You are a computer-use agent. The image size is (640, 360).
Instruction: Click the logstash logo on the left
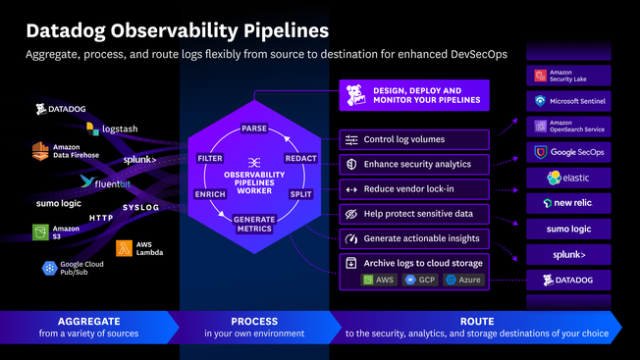pos(114,128)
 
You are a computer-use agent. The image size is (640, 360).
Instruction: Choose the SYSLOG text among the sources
pos(140,207)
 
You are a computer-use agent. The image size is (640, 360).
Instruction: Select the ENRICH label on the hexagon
pos(210,195)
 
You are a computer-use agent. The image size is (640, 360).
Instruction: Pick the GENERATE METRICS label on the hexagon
pos(254,225)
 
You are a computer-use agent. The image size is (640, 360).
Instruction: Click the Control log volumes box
pos(413,139)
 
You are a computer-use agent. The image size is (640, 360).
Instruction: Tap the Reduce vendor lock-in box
pos(413,188)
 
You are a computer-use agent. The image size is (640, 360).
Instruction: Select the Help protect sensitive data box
pos(413,214)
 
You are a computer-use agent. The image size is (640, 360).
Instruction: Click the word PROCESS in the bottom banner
pos(254,321)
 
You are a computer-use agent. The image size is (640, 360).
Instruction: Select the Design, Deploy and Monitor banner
pos(413,95)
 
